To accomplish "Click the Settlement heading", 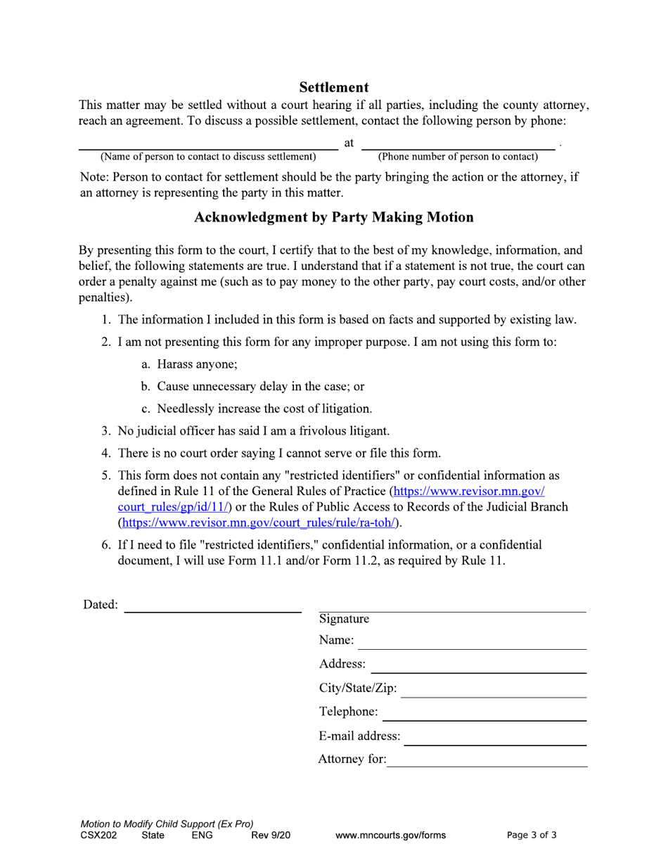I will coord(333,87).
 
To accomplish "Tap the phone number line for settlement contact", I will coord(458,148).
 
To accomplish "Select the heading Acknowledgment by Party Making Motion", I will coord(333,217).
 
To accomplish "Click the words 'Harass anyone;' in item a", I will coord(197,364).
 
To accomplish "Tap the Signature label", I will coord(344,619).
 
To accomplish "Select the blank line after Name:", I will coord(473,647).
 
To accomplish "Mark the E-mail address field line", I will coord(496,743).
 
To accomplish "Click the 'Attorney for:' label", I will coord(352,759).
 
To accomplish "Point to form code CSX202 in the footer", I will coord(98,835).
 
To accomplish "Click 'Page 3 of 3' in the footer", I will coord(532,835).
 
